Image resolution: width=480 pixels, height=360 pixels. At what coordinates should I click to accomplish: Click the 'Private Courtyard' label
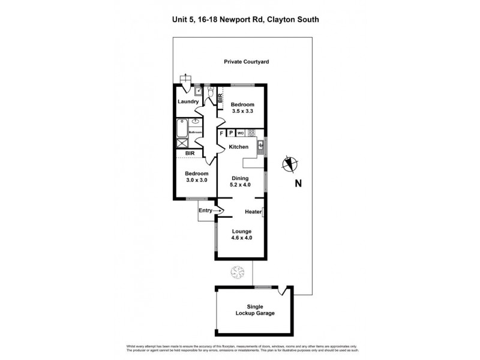(x=246, y=62)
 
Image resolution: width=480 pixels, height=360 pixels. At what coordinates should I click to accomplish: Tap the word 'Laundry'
(x=188, y=101)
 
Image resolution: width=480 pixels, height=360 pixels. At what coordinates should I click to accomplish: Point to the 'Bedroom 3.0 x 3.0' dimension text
(x=196, y=176)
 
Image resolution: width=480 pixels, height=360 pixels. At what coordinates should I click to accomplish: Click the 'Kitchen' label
(x=238, y=147)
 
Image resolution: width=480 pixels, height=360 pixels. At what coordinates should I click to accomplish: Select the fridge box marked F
(x=221, y=133)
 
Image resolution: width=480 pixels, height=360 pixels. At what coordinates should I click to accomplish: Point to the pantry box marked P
(x=230, y=133)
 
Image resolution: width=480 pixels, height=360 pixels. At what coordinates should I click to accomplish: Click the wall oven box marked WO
(x=240, y=133)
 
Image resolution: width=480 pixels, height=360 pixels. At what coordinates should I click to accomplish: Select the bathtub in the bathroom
(x=182, y=128)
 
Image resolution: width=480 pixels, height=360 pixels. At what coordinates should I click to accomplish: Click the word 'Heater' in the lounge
(x=253, y=211)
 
